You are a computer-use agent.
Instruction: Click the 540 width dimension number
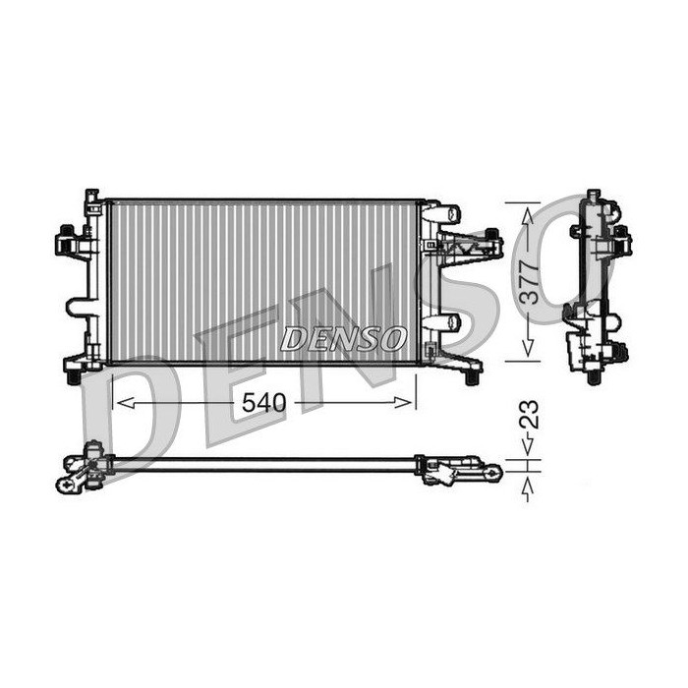point(263,402)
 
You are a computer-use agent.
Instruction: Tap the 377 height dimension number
point(529,283)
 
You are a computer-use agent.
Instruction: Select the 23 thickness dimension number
point(529,414)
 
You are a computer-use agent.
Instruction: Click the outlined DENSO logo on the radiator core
point(343,338)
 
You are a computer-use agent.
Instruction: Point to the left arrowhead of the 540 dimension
point(126,402)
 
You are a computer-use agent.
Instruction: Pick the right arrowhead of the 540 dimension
point(403,402)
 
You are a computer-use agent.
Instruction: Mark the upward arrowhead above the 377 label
point(529,215)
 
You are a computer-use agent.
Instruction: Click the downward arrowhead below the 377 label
point(529,348)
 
